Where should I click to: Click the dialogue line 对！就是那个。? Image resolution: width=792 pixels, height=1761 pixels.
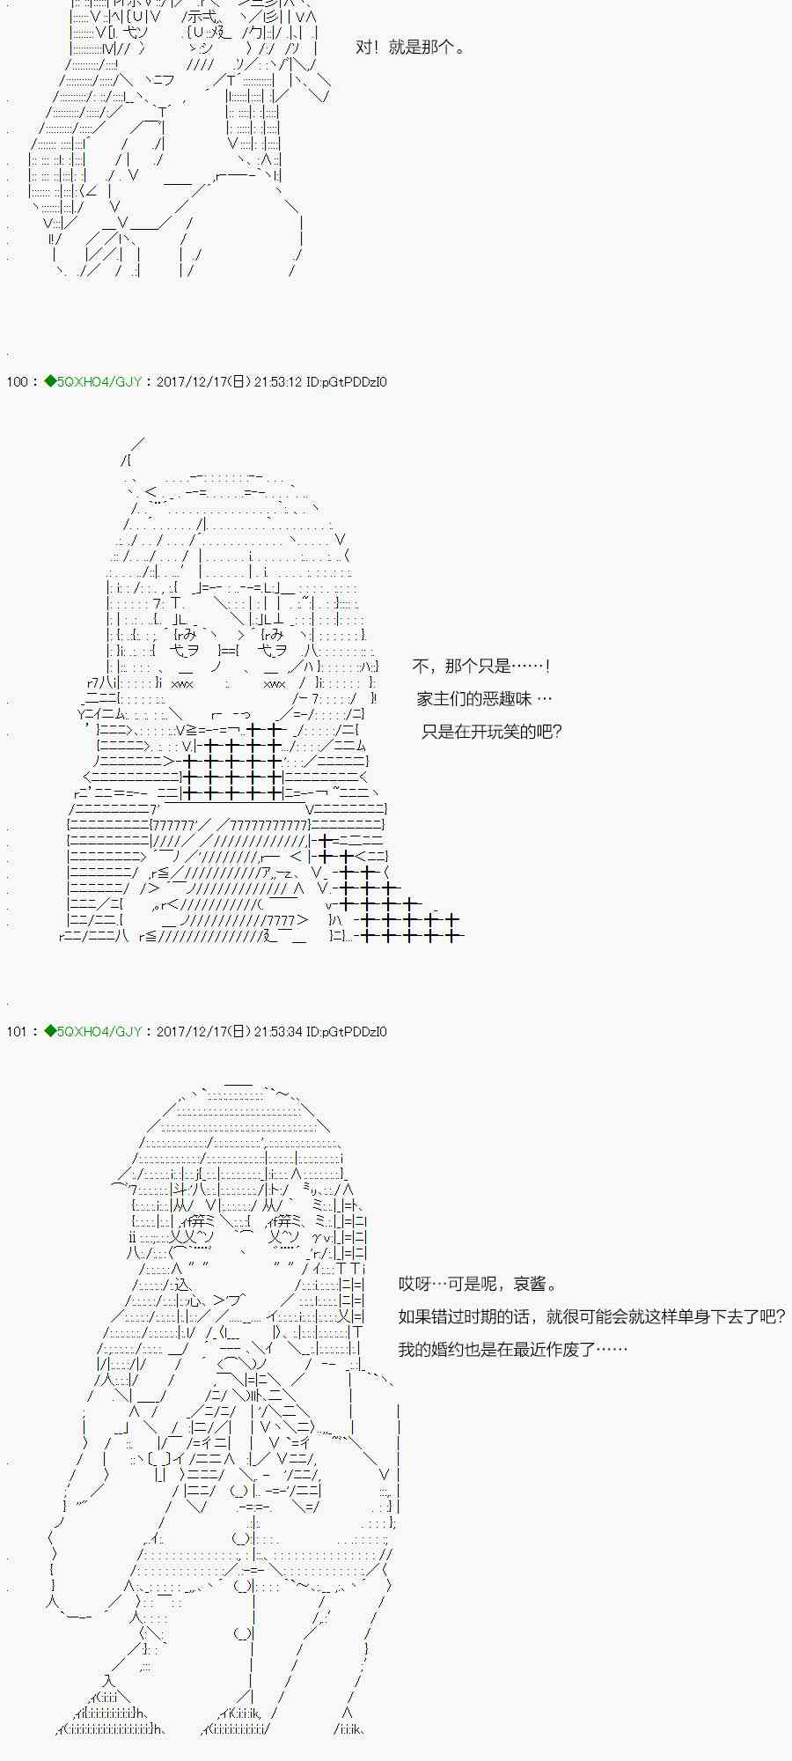click(410, 48)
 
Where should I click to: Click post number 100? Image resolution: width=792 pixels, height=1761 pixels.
click(17, 382)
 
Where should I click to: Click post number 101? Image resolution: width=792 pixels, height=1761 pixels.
click(17, 1031)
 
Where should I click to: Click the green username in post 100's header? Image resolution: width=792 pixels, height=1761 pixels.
click(93, 382)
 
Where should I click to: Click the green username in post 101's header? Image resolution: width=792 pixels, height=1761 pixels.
click(93, 1031)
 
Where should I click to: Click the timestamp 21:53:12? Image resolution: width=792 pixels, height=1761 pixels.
click(278, 382)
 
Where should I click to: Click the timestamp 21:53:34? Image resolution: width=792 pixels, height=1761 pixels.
click(278, 1031)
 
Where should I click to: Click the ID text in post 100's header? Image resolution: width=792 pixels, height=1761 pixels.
click(347, 382)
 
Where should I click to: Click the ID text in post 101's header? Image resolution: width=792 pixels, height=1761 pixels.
click(347, 1031)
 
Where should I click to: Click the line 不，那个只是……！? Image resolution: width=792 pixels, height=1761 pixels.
click(482, 667)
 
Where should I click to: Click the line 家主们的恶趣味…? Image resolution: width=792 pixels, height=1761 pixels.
click(484, 699)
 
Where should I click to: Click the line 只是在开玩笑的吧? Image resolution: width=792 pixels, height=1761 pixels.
click(491, 732)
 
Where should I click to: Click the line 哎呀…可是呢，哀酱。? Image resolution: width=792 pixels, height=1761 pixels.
click(478, 1285)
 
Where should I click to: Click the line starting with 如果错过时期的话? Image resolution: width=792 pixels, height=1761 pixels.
click(591, 1317)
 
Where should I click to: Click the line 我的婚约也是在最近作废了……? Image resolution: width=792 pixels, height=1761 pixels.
click(512, 1350)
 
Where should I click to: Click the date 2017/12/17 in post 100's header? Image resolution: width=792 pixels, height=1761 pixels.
click(192, 382)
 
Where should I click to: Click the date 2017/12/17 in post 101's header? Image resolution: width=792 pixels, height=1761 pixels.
click(192, 1031)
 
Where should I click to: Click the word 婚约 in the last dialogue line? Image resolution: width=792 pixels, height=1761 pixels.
click(447, 1350)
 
